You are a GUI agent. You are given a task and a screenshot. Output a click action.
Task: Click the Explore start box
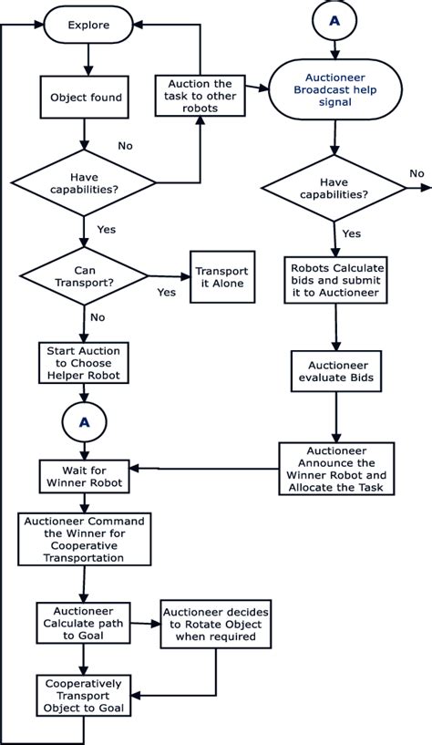[x=88, y=26]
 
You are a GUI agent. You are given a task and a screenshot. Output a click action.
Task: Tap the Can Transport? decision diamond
[x=85, y=275]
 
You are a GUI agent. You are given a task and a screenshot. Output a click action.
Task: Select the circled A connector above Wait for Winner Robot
[x=85, y=421]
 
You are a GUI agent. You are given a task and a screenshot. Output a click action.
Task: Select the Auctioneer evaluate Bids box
[x=336, y=370]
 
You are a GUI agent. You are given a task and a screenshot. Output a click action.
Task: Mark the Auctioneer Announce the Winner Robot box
[x=336, y=469]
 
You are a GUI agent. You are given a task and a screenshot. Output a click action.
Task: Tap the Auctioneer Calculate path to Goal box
[x=85, y=625]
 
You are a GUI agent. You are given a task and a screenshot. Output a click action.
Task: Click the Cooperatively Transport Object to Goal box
[x=85, y=694]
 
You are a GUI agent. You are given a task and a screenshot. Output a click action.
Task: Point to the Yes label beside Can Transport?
[x=166, y=293]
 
